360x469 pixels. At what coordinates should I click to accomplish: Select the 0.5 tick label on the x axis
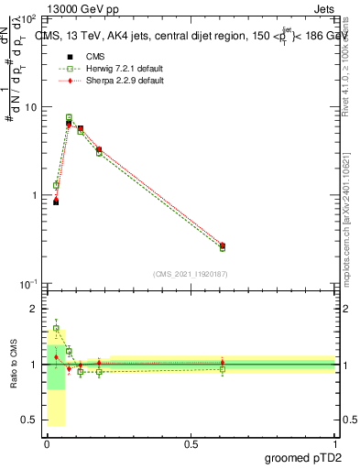click(191, 444)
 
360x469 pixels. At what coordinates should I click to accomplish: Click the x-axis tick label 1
click(335, 444)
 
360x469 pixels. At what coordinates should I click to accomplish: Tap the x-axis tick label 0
click(47, 444)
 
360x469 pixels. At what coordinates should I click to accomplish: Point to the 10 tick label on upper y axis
click(30, 107)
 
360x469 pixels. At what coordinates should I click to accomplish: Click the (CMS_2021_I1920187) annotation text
click(191, 273)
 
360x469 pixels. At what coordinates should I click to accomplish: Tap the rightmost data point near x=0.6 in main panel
click(223, 246)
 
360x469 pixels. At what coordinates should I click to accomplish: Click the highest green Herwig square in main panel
click(69, 117)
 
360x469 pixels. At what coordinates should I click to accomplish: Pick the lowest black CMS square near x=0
click(56, 202)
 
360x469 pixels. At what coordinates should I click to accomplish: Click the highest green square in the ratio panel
click(56, 328)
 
